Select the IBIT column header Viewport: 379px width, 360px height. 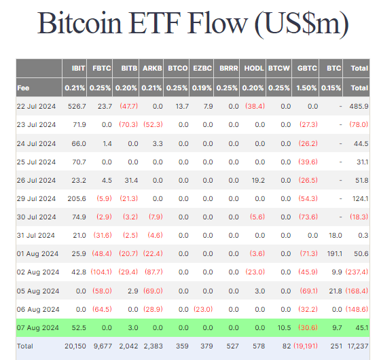[78, 69]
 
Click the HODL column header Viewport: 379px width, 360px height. [255, 69]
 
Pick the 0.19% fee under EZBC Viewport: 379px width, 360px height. [203, 88]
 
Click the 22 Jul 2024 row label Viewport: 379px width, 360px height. [37, 106]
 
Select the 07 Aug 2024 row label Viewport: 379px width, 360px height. [38, 327]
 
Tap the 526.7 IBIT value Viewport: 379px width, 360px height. [76, 106]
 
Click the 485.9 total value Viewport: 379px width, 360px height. [358, 106]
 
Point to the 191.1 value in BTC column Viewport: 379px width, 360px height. [335, 253]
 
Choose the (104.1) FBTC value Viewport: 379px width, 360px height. [101, 272]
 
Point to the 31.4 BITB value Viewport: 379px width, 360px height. [130, 180]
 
